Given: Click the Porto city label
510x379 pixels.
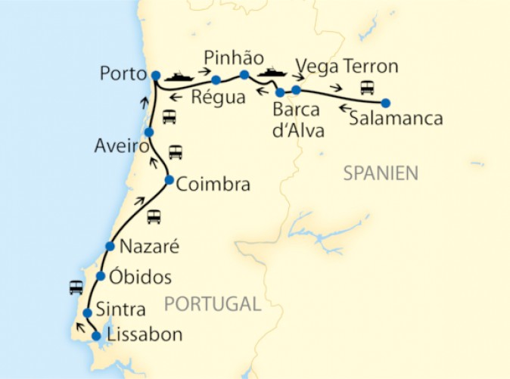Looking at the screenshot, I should pos(122,74).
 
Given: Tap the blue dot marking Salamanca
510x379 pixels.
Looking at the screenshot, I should pos(385,103).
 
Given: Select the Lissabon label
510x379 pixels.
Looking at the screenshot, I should pos(145,334).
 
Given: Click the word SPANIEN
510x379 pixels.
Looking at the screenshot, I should pos(381,173).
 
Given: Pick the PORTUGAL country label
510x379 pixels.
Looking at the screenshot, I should pos(212,304).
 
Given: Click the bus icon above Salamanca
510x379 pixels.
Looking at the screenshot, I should pos(367,86).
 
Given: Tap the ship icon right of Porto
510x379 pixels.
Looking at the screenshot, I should pos(180,76).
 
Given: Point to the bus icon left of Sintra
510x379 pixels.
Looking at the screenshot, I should pos(76,287).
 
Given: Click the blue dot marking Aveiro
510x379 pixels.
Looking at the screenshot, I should pos(149,132).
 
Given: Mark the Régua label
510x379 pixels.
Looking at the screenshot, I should pos(218,98).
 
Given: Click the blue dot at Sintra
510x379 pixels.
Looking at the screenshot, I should pos(88,312).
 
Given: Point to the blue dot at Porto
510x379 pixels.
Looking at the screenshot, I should pos(155,75).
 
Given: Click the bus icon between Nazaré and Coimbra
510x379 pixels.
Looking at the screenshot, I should pos(154,216).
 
